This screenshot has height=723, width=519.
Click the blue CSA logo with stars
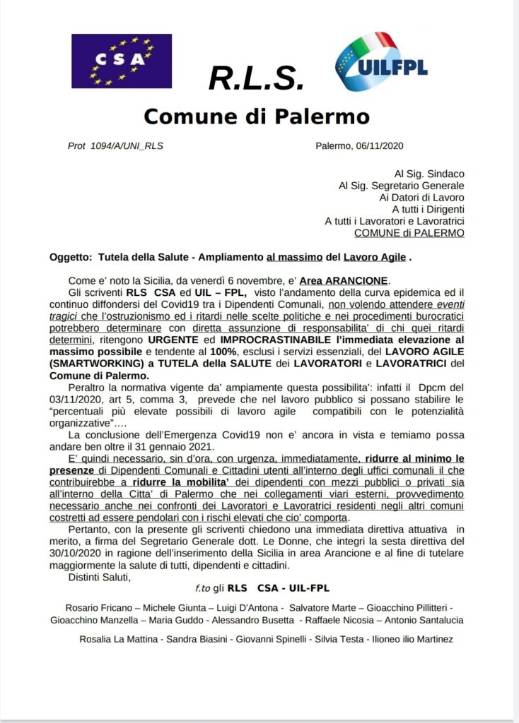click(121, 61)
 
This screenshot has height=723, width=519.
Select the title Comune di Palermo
click(256, 115)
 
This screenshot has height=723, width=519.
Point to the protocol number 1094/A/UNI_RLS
click(120, 146)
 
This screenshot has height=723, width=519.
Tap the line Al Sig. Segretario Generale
click(401, 185)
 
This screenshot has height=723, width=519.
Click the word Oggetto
click(70, 258)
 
